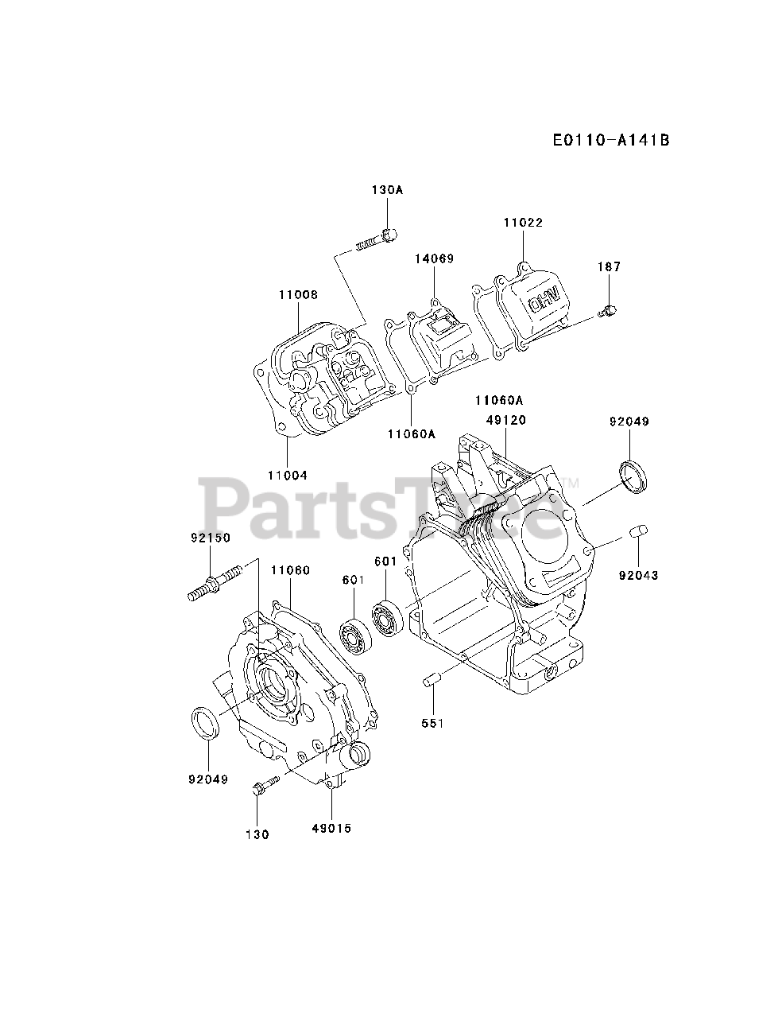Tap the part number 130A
tap(387, 190)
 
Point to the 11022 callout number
tap(522, 223)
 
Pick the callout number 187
tap(610, 267)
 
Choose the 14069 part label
tap(434, 258)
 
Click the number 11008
tap(298, 294)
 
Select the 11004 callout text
tap(287, 475)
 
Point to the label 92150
tap(210, 538)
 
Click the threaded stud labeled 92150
tap(214, 583)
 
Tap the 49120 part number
tap(506, 420)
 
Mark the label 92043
tap(638, 575)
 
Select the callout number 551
tap(433, 723)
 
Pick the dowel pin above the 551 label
tap(433, 678)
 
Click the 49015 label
tap(331, 828)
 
